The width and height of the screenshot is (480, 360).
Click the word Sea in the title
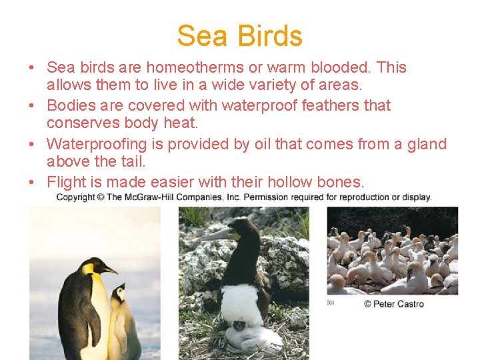[201, 36]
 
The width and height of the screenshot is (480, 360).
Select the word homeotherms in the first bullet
[191, 67]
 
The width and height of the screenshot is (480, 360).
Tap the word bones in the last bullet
[340, 181]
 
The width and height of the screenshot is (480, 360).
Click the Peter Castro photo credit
[393, 304]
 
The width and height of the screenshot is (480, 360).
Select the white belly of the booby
[241, 303]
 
